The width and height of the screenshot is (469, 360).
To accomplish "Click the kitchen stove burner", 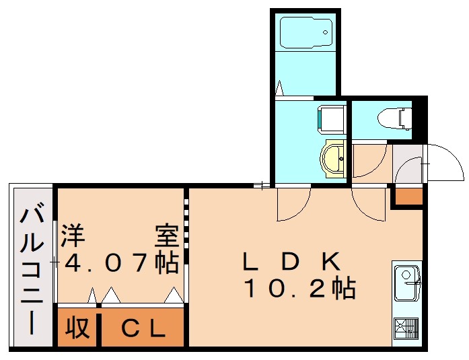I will tap(406, 329).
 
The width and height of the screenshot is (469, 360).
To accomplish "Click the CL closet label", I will tap(143, 329).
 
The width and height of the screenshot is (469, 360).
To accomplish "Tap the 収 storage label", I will tap(77, 329).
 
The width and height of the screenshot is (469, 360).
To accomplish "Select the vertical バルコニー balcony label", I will tap(31, 269).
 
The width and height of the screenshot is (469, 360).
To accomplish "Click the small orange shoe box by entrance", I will tap(408, 196).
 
